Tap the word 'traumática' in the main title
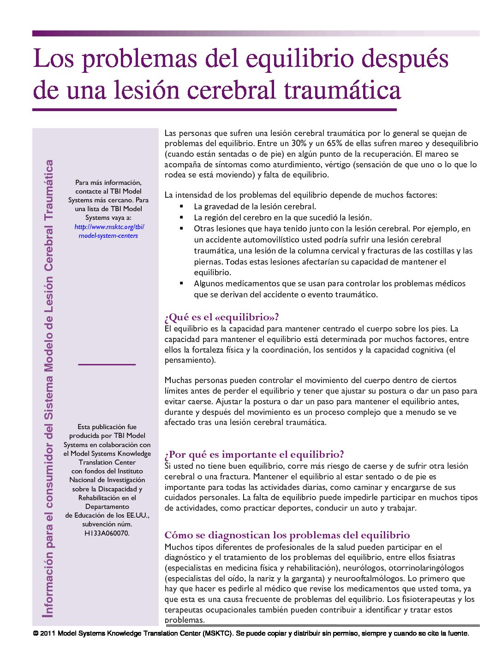tap(342, 91)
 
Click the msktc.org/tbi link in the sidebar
tap(109, 227)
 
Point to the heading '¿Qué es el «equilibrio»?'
tap(221, 317)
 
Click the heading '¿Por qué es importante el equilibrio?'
tap(254, 454)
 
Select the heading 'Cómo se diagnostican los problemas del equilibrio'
tap(287, 535)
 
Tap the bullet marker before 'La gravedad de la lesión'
tap(182, 206)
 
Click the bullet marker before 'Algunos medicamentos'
tap(182, 283)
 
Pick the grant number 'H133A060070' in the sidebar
tap(106, 533)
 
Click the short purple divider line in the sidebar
tap(107, 365)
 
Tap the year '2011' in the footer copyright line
tap(48, 633)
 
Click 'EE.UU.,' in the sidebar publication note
tap(137, 515)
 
